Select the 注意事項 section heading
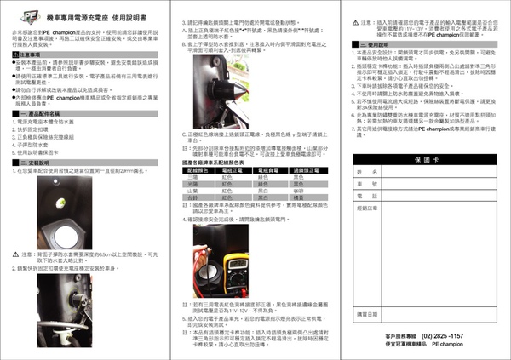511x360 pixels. pyautogui.click(x=29, y=54)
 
